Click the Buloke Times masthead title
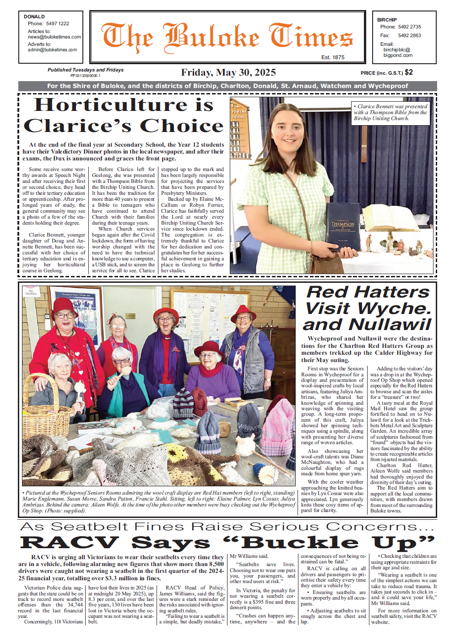coord(227,37)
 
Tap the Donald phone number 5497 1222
coord(57,23)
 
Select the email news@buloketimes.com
coord(54,37)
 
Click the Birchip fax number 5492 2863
coord(409,35)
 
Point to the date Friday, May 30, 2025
coord(228,72)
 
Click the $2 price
coord(409,72)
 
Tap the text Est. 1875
coord(333,57)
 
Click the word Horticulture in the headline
coord(110,105)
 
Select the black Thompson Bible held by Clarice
coord(343,226)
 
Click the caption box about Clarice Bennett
coord(390,112)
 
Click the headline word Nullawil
coord(390,325)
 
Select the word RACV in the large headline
coord(70,543)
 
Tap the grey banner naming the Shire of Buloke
coord(227,86)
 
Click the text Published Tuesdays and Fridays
coord(86,70)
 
